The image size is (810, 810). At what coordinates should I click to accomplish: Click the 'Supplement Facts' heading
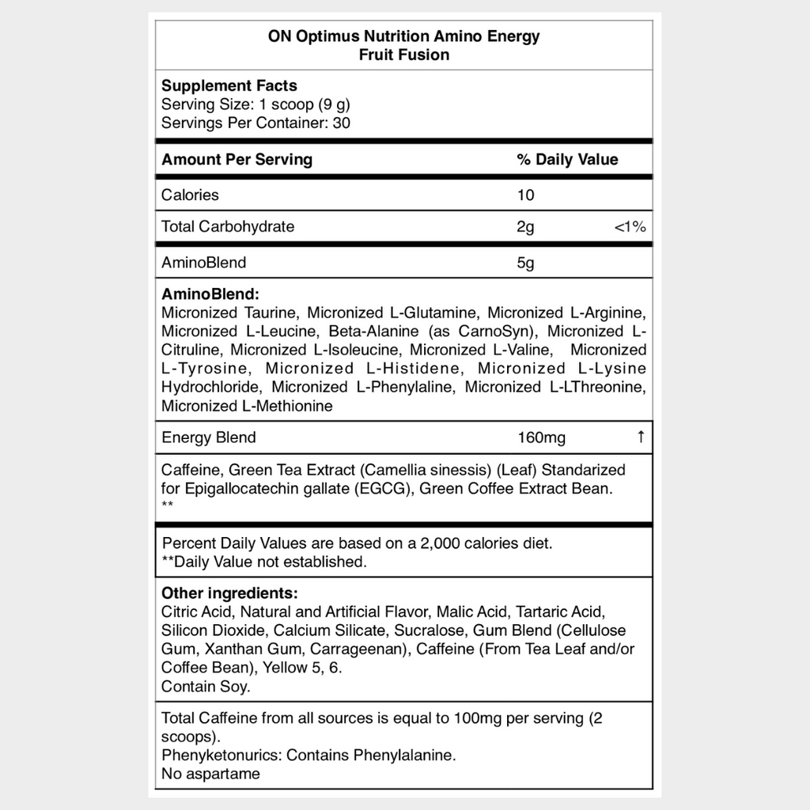pyautogui.click(x=229, y=85)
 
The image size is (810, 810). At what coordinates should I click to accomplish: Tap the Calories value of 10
pyautogui.click(x=526, y=195)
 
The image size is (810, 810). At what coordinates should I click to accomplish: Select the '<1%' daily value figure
pyautogui.click(x=630, y=227)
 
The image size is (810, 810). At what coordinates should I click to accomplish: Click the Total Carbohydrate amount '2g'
pyautogui.click(x=526, y=227)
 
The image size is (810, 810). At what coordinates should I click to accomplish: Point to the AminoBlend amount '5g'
pyautogui.click(x=526, y=262)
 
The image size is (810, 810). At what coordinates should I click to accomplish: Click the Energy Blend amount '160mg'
pyautogui.click(x=542, y=437)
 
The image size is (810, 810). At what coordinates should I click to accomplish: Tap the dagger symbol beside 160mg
pyautogui.click(x=641, y=437)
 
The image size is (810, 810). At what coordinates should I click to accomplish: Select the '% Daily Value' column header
pyautogui.click(x=567, y=159)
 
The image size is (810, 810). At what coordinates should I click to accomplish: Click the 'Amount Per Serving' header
pyautogui.click(x=237, y=159)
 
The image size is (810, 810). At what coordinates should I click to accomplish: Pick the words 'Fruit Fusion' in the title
pyautogui.click(x=404, y=55)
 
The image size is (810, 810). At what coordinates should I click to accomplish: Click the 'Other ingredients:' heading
pyautogui.click(x=229, y=592)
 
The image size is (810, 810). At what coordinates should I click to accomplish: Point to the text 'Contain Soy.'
pyautogui.click(x=206, y=687)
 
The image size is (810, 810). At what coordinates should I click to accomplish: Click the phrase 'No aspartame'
pyautogui.click(x=210, y=774)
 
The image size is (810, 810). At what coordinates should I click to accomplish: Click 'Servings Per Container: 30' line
pyautogui.click(x=256, y=123)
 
